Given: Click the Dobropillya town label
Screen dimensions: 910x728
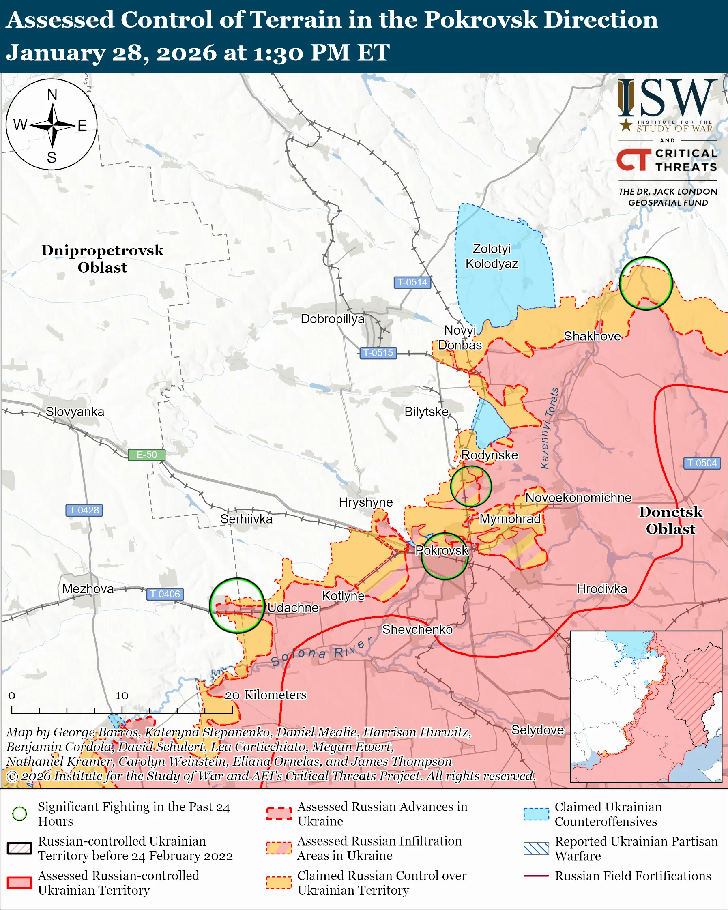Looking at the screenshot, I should [x=333, y=319].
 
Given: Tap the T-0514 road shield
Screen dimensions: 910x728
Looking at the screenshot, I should [x=412, y=282].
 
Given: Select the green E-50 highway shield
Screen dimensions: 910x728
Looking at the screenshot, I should [x=146, y=455].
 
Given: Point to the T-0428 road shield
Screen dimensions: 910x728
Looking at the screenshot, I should [x=84, y=510].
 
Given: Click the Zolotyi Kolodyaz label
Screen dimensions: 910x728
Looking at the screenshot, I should [x=492, y=256].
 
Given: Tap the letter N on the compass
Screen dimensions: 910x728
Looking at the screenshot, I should [x=52, y=94].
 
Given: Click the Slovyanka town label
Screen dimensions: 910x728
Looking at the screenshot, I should [x=75, y=412].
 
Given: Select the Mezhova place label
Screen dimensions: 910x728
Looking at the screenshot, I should [x=88, y=589].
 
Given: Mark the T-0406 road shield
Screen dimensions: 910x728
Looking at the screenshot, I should [x=165, y=594].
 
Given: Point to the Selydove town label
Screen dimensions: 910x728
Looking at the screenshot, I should [x=537, y=730].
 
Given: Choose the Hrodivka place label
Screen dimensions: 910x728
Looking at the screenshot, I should [x=602, y=589].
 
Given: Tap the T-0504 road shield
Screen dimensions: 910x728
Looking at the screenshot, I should [x=702, y=463].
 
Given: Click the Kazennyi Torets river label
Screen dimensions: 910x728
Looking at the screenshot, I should [x=550, y=428].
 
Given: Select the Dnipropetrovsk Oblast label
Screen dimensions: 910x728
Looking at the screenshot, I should [x=102, y=259].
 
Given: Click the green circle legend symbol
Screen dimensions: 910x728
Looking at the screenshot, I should [x=19, y=813].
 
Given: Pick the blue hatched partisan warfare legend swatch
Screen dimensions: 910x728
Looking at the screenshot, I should [x=536, y=848].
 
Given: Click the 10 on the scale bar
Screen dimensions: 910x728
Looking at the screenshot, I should [x=122, y=695].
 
